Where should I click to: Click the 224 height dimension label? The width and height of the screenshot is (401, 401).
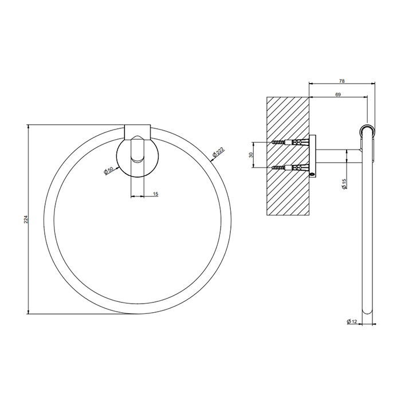coord(25,219)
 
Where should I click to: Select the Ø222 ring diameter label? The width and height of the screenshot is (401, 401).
coord(218,152)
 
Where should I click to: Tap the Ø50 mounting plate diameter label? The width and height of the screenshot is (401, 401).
coord(108,171)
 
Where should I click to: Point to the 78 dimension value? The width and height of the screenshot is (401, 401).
coord(341,81)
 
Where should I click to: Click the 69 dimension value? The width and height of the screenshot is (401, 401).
coord(338,95)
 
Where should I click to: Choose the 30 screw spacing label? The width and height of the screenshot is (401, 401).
coord(251,155)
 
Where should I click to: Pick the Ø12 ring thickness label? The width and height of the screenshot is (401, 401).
coord(352,321)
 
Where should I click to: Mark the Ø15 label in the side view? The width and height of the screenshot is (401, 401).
coord(344,184)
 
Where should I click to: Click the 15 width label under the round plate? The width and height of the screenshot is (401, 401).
coord(155,194)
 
